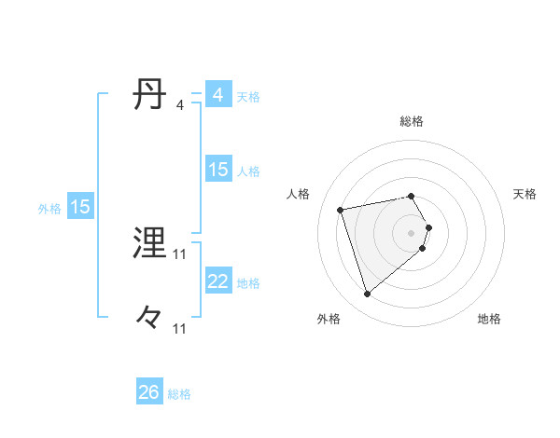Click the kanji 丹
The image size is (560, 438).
click(x=150, y=95)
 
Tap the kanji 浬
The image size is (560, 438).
click(x=150, y=244)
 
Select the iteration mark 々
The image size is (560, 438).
click(x=150, y=319)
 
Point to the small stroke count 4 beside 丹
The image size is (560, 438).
click(x=179, y=105)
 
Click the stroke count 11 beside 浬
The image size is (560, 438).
click(x=180, y=254)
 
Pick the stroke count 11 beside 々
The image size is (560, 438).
click(x=180, y=329)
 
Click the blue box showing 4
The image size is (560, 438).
click(x=217, y=95)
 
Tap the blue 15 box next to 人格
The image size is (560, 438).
click(x=217, y=170)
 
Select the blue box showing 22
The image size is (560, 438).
click(x=217, y=281)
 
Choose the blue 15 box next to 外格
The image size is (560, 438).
click(x=80, y=207)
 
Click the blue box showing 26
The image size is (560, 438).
click(x=149, y=392)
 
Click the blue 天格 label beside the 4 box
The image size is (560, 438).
click(x=248, y=97)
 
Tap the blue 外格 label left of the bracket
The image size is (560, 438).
click(x=49, y=209)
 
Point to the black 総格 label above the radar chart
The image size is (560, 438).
click(x=412, y=121)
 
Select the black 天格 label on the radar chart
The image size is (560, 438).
click(x=525, y=194)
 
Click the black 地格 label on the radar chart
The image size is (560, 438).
click(x=489, y=320)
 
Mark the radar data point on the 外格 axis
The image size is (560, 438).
click(x=367, y=294)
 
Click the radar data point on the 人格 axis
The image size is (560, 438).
click(x=341, y=209)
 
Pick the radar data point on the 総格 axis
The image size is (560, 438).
click(x=412, y=196)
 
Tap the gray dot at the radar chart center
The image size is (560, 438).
click(x=412, y=232)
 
